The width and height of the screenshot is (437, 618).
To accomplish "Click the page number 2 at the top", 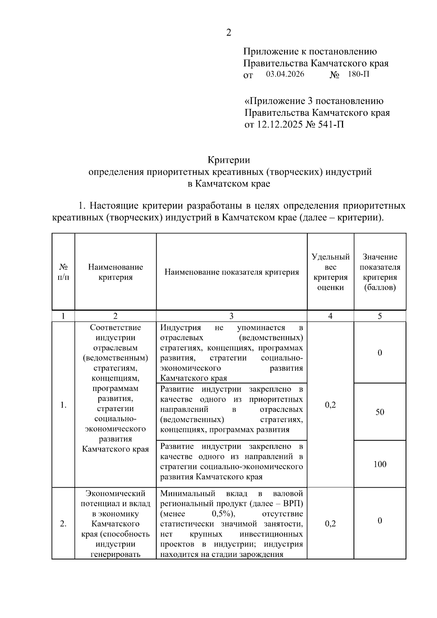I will coord(229,33).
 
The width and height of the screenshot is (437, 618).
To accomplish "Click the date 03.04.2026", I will coord(285,74).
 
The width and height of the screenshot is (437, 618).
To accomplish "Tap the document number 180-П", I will coord(358,74).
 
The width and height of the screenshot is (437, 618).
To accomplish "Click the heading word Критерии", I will coord(229,160).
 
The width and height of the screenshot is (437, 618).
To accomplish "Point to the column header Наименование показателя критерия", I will coord(232,272).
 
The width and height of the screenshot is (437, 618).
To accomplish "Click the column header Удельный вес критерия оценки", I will coord(330,272).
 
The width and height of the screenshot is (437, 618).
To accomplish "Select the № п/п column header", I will coord(63,272).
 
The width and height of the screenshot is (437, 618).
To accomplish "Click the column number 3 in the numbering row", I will coord(232,316).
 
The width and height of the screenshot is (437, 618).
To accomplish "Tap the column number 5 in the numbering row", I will coord(379,316).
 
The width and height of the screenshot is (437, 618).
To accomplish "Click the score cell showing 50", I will coord(379,412).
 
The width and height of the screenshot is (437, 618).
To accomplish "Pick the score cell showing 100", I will coord(379,464).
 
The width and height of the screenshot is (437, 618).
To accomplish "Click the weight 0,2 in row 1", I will coord(330,405).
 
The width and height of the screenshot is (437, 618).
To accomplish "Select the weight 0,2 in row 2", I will coord(330,524).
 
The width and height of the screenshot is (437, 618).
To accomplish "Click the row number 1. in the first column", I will coord(63,405).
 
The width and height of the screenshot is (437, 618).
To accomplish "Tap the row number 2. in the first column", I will coord(63,524).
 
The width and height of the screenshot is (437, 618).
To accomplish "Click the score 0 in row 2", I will coord(379,521).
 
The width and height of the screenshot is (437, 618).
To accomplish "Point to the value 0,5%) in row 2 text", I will coord(223,514).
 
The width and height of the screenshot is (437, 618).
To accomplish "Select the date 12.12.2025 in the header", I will coord(279,125).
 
